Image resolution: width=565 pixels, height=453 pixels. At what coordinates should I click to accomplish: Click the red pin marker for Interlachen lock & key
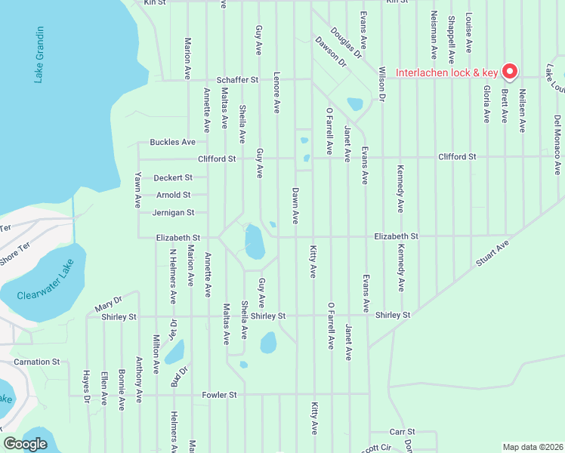[509, 71]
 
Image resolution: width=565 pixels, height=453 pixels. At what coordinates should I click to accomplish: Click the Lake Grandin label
[39, 54]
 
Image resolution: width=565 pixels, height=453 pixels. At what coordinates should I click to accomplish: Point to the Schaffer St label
[238, 79]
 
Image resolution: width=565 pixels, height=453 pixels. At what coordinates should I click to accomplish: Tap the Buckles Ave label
[172, 142]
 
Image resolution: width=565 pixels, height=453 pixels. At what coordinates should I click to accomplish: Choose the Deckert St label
[173, 177]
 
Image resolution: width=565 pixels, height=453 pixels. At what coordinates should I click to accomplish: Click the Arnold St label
[173, 195]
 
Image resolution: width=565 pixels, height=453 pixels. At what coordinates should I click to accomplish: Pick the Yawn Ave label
[138, 190]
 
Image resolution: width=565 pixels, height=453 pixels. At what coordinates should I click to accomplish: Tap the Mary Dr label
[108, 304]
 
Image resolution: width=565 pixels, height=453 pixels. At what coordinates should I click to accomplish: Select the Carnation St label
[36, 362]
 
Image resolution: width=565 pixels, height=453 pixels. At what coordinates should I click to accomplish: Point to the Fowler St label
[219, 395]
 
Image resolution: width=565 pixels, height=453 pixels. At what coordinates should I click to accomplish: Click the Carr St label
[397, 432]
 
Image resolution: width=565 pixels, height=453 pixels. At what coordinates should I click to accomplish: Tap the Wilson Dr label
[382, 84]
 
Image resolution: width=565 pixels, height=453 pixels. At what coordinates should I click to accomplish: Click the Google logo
[26, 444]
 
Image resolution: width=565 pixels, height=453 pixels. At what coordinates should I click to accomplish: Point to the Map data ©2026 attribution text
[532, 447]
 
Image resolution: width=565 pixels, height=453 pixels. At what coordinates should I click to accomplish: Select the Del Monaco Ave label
[557, 136]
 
